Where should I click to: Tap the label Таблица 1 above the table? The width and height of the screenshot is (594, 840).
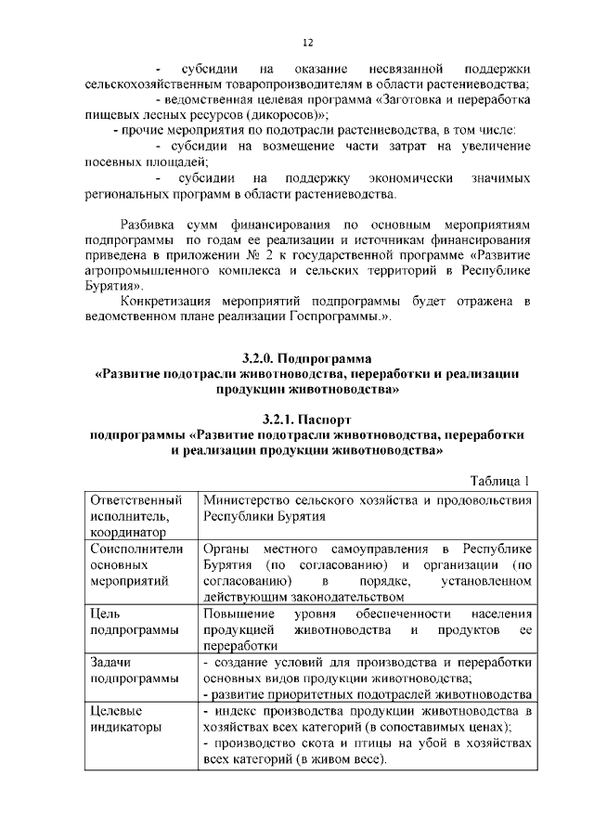pyautogui.click(x=500, y=480)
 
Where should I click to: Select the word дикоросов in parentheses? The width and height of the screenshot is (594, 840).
pyautogui.click(x=278, y=115)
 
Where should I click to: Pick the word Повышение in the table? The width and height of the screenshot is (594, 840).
pyautogui.click(x=239, y=614)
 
